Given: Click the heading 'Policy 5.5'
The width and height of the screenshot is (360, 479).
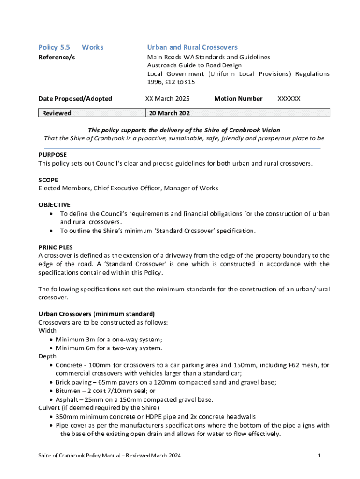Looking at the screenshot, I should [x=54, y=47].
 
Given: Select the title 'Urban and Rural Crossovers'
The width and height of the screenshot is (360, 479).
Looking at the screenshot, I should [x=192, y=47].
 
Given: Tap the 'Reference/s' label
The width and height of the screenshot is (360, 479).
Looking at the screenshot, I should [x=56, y=57].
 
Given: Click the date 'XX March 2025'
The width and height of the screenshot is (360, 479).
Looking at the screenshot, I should [x=167, y=99].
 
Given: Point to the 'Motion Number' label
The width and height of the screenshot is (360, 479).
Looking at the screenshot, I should [x=238, y=99].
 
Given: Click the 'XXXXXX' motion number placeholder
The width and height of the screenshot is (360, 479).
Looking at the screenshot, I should [x=288, y=99].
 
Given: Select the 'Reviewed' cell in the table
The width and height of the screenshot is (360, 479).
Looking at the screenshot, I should [x=57, y=113].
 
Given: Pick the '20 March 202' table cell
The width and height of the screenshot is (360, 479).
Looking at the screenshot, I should [x=169, y=113].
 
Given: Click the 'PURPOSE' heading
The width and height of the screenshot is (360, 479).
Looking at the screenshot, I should [x=52, y=155].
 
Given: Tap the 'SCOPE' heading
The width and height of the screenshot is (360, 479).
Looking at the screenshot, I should [x=48, y=180].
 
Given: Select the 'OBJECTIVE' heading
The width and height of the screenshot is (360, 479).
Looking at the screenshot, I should [x=54, y=205].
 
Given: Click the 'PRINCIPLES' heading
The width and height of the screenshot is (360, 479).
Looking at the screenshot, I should [x=55, y=247].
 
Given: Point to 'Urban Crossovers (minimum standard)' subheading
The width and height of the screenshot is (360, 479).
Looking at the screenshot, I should [x=96, y=314].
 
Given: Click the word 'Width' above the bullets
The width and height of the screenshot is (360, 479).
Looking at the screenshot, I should [x=47, y=331].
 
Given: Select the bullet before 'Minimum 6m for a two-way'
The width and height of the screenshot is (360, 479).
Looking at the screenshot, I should [x=51, y=348].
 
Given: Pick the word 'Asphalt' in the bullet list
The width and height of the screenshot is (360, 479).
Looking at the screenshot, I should [x=67, y=399].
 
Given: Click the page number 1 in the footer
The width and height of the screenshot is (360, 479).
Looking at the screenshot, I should [x=318, y=455].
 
